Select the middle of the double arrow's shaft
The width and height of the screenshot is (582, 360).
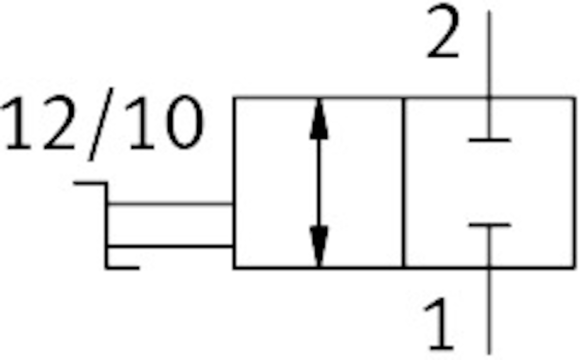tap(319, 183)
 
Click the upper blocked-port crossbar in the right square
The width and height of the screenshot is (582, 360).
tap(489, 139)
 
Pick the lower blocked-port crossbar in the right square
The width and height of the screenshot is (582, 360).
tap(489, 225)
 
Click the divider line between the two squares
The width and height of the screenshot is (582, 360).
tap(404, 183)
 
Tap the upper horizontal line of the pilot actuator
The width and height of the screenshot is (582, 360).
tap(170, 204)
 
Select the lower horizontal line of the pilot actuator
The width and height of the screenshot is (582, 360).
tap(170, 246)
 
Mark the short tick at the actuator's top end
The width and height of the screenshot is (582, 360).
tap(90, 183)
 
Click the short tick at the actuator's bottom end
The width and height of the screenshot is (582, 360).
tap(122, 267)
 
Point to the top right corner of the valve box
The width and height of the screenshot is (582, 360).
tap(574, 97)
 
